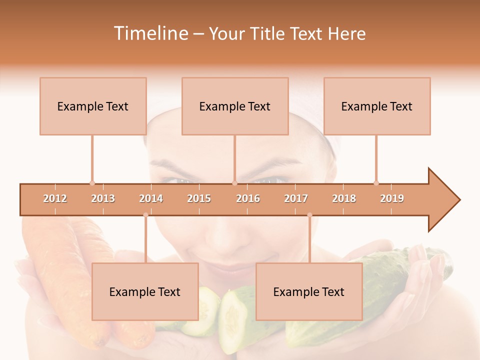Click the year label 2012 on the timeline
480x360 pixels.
[55, 198]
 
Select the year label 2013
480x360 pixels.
[103, 198]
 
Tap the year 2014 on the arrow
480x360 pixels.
[151, 198]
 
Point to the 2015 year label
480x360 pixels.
[199, 198]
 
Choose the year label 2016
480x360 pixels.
[248, 198]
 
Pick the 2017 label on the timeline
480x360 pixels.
[296, 198]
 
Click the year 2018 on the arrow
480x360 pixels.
[344, 198]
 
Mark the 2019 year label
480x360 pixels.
[392, 198]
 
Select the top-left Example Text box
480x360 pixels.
[93, 106]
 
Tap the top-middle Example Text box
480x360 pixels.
[235, 106]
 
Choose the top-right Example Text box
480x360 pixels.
[377, 106]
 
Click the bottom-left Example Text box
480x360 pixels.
[145, 291]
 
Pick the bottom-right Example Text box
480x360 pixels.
[309, 291]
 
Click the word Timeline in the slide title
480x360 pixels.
[150, 33]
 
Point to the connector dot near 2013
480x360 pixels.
[92, 183]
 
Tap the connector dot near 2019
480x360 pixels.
[376, 183]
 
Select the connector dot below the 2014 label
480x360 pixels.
[145, 215]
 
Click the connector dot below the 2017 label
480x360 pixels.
[309, 215]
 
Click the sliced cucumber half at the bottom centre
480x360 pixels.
[234, 315]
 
